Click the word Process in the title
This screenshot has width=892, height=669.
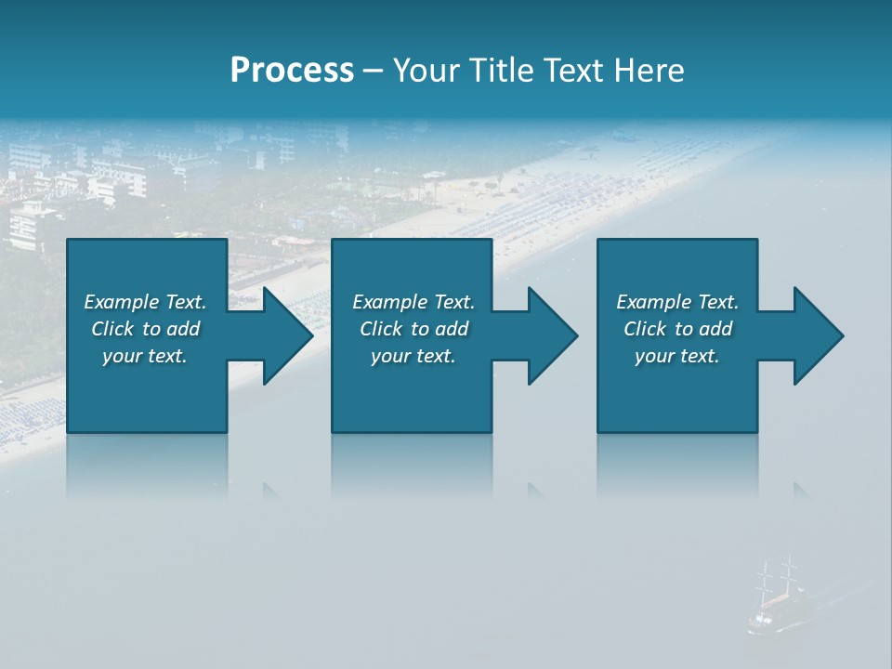(292, 71)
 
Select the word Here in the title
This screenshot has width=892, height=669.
(649, 71)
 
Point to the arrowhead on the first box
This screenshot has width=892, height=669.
(284, 335)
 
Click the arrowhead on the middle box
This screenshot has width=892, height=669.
(550, 335)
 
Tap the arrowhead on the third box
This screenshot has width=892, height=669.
(816, 335)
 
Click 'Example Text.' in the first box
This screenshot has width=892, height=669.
(145, 302)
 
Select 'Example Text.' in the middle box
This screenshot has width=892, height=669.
(413, 302)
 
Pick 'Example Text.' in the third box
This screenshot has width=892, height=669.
(677, 302)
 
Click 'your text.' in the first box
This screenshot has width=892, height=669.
(145, 356)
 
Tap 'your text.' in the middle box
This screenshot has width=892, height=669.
(413, 356)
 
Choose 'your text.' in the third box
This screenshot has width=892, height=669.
(677, 356)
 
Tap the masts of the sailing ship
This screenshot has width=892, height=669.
(777, 576)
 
